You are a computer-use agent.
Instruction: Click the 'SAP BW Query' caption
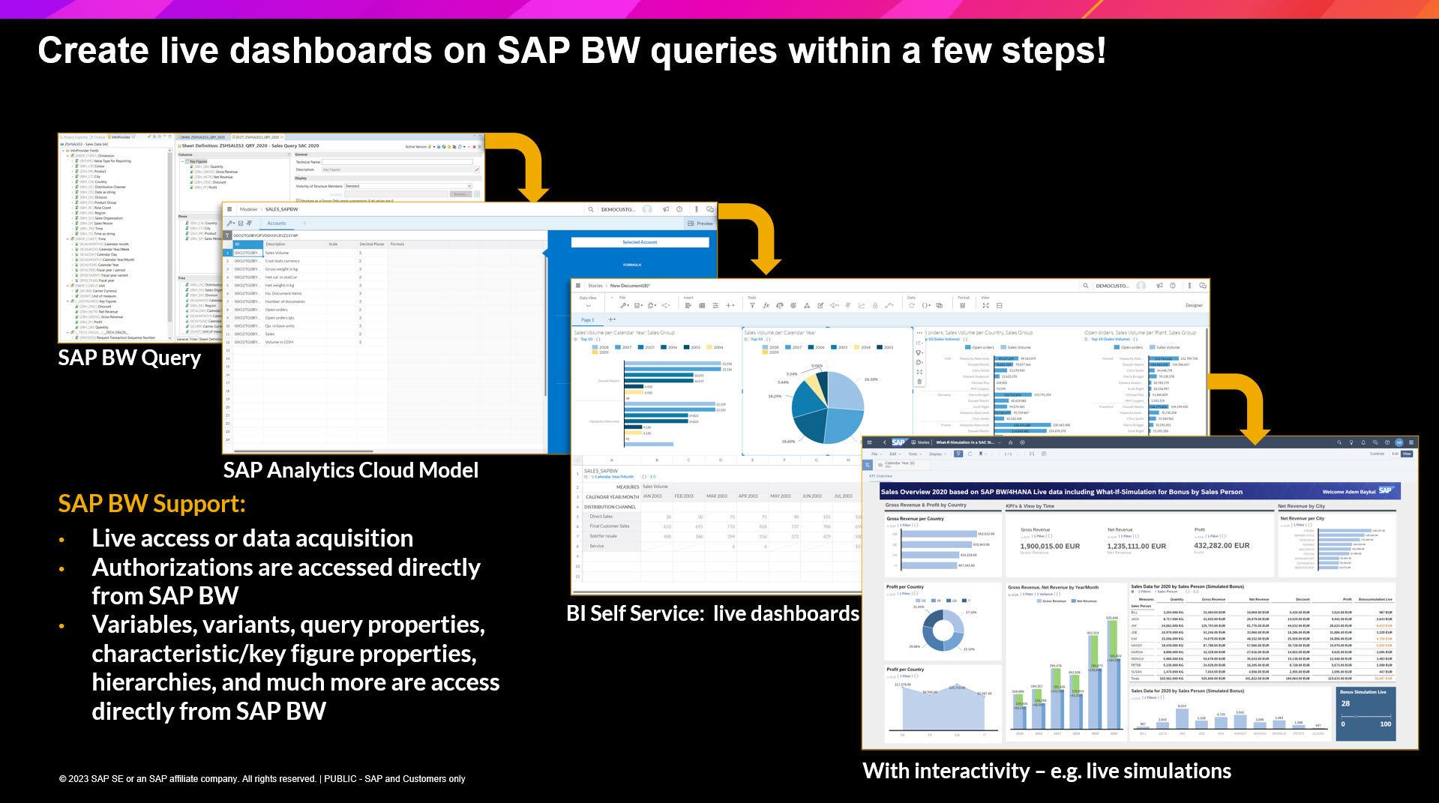click(129, 358)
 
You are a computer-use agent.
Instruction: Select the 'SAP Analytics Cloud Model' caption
click(350, 470)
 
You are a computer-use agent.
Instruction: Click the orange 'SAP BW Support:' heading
click(151, 504)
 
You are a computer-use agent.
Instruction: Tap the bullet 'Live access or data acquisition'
click(252, 538)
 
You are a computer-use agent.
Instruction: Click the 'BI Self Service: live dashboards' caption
click(712, 613)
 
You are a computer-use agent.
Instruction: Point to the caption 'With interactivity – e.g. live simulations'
click(1047, 771)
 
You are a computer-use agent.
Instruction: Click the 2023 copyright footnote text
click(262, 779)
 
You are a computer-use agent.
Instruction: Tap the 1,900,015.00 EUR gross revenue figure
click(1050, 546)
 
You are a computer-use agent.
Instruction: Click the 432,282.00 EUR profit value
click(1222, 545)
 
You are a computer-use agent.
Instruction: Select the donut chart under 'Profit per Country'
click(943, 630)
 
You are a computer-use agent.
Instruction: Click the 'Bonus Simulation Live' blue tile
click(1366, 713)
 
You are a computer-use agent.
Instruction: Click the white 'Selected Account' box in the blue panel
click(640, 242)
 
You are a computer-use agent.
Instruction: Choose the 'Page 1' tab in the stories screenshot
click(588, 319)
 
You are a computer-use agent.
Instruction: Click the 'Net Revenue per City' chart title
click(1302, 518)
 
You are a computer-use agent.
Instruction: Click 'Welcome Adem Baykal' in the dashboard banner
click(1349, 492)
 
